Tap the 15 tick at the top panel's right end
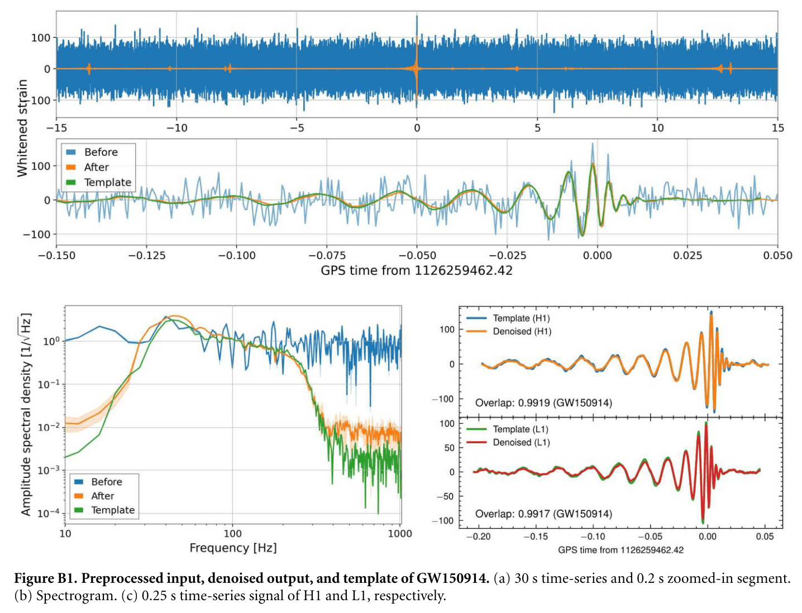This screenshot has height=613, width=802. coord(777,128)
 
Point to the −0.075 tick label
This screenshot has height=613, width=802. coord(327,256)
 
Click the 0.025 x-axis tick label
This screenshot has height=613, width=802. coord(688,256)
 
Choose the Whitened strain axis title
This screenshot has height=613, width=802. coord(22,128)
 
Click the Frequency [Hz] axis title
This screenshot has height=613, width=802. coord(233,548)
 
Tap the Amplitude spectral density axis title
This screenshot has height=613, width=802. coord(26,414)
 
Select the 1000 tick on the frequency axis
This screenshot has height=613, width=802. coord(399,534)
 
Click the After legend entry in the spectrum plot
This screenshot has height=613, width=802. coord(102,496)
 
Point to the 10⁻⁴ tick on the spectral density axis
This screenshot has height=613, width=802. coord(47,513)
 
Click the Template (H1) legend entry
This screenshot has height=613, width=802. coord(521,318)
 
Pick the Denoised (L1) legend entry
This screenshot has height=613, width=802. coord(521,443)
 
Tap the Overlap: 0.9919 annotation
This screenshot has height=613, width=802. coord(543,403)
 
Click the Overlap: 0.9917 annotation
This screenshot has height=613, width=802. coord(543,514)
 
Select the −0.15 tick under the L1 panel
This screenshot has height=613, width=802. coord(536,537)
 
